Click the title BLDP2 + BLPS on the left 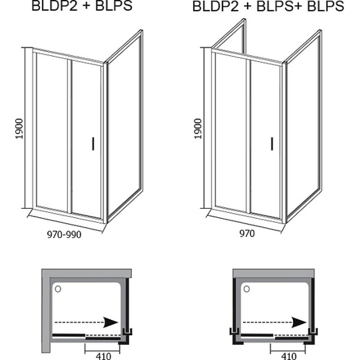point(82,6)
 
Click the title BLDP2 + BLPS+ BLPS point(268,6)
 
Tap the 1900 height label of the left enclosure point(19,129)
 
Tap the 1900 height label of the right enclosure point(198,129)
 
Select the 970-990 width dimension point(64,234)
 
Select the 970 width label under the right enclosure point(247,234)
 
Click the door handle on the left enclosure point(93,144)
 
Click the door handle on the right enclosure point(272,144)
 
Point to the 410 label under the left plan point(103,356)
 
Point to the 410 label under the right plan point(288,356)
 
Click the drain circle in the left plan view point(58,289)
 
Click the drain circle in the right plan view point(247,289)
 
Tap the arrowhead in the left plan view point(111,322)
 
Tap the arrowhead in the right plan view point(299,322)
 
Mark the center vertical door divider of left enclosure point(70,136)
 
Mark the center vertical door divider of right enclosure point(248,136)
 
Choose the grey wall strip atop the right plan point(274,274)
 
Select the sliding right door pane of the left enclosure point(86,139)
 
